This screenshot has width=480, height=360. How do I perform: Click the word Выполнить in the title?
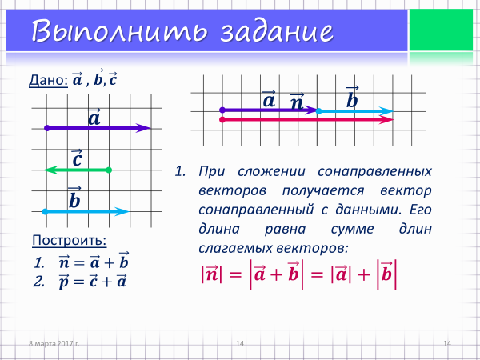118,31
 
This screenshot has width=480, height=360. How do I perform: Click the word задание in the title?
277,31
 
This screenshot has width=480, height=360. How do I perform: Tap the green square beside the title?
441,30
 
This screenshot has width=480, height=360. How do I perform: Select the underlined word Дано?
48,80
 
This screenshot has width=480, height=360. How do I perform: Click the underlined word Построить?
70,240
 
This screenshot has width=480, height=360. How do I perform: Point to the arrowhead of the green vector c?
51,170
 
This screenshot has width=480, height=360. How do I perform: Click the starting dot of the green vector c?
109,170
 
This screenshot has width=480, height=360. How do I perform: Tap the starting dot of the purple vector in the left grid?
47,128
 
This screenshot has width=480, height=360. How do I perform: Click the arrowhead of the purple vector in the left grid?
144,128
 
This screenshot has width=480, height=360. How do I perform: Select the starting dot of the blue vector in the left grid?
45,211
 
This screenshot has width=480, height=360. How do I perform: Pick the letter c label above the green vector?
77,158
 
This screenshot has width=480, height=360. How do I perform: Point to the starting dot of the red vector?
222,120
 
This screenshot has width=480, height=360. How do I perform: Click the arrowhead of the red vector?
386,120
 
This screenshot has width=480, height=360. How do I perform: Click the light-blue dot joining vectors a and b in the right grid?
318,111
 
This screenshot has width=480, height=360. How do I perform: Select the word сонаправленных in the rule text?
374,171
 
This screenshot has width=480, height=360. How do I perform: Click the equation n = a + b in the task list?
94,261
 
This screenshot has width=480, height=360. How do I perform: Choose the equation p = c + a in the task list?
93,281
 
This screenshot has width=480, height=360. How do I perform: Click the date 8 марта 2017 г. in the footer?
54,343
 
